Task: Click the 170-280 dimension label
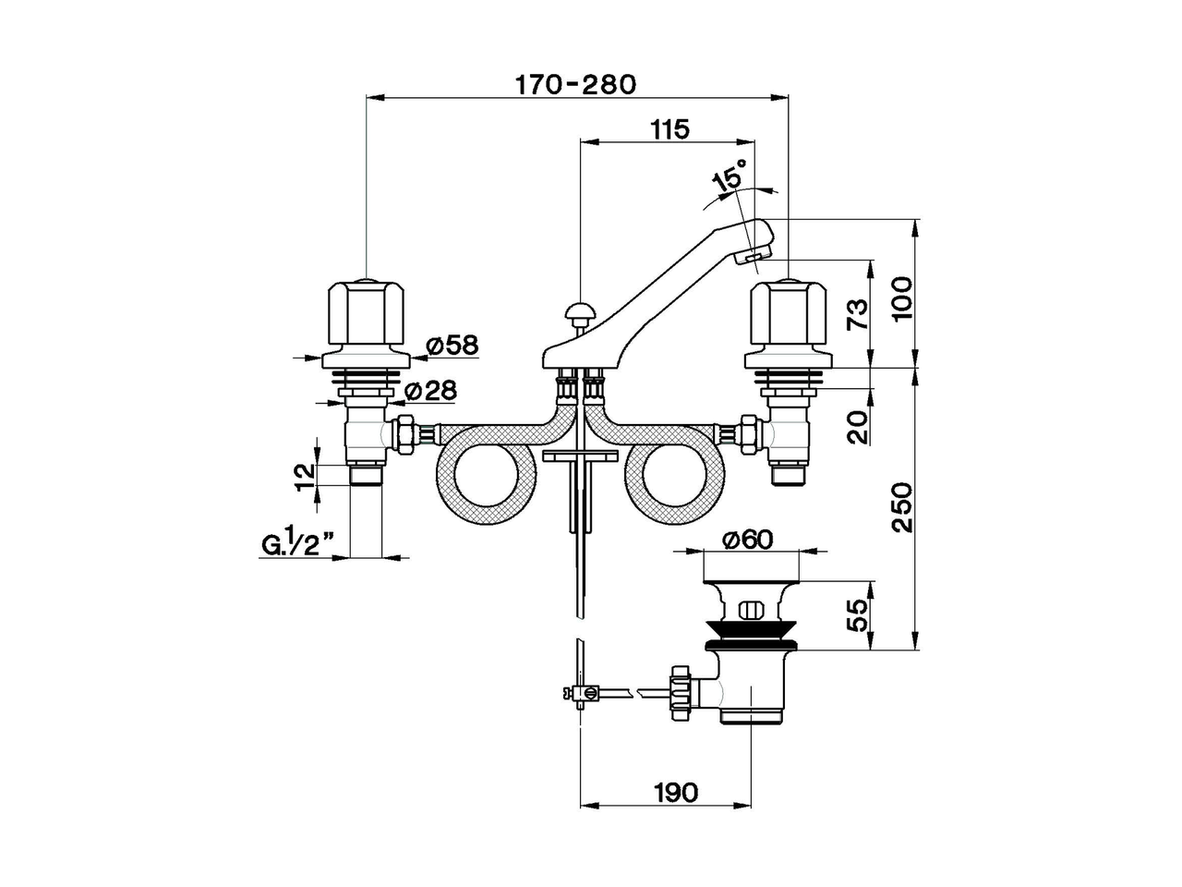point(576,85)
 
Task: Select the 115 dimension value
point(669,129)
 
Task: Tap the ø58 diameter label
point(453,346)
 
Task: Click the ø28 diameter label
point(430,391)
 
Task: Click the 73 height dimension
point(857,314)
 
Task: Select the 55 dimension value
point(857,614)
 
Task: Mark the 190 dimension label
point(676,792)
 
